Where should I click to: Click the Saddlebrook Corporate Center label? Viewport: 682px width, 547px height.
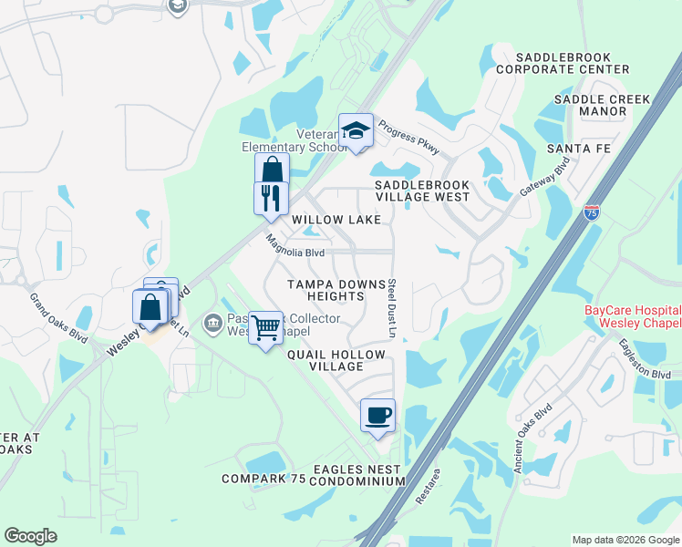tap(563, 63)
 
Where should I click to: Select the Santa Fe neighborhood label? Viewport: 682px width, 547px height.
tap(577, 149)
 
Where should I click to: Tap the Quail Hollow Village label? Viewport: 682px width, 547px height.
tap(325, 359)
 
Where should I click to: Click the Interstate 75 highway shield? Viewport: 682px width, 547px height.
tap(592, 212)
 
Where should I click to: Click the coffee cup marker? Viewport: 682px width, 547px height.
tap(378, 415)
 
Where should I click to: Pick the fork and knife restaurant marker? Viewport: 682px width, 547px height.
tap(271, 197)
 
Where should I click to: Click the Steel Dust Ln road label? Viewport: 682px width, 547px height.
tap(391, 308)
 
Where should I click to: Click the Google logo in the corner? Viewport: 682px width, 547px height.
tap(30, 536)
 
